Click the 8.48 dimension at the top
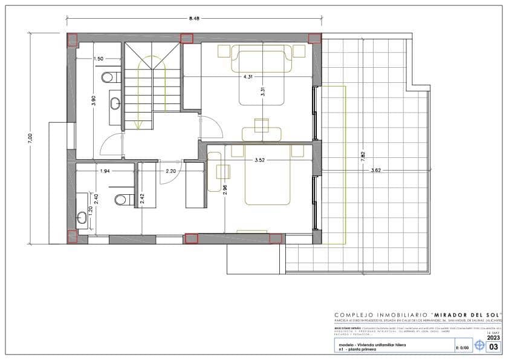point(194,19)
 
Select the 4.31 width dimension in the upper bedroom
point(248,77)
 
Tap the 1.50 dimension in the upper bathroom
point(99,59)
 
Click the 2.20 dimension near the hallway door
point(171,171)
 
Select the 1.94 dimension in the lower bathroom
point(105,171)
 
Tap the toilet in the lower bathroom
point(121,198)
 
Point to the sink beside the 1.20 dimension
point(82,217)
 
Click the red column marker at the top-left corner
point(73,40)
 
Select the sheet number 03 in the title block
point(494,347)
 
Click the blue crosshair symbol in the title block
point(479,346)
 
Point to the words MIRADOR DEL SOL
point(463,315)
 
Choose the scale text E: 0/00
point(462,348)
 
